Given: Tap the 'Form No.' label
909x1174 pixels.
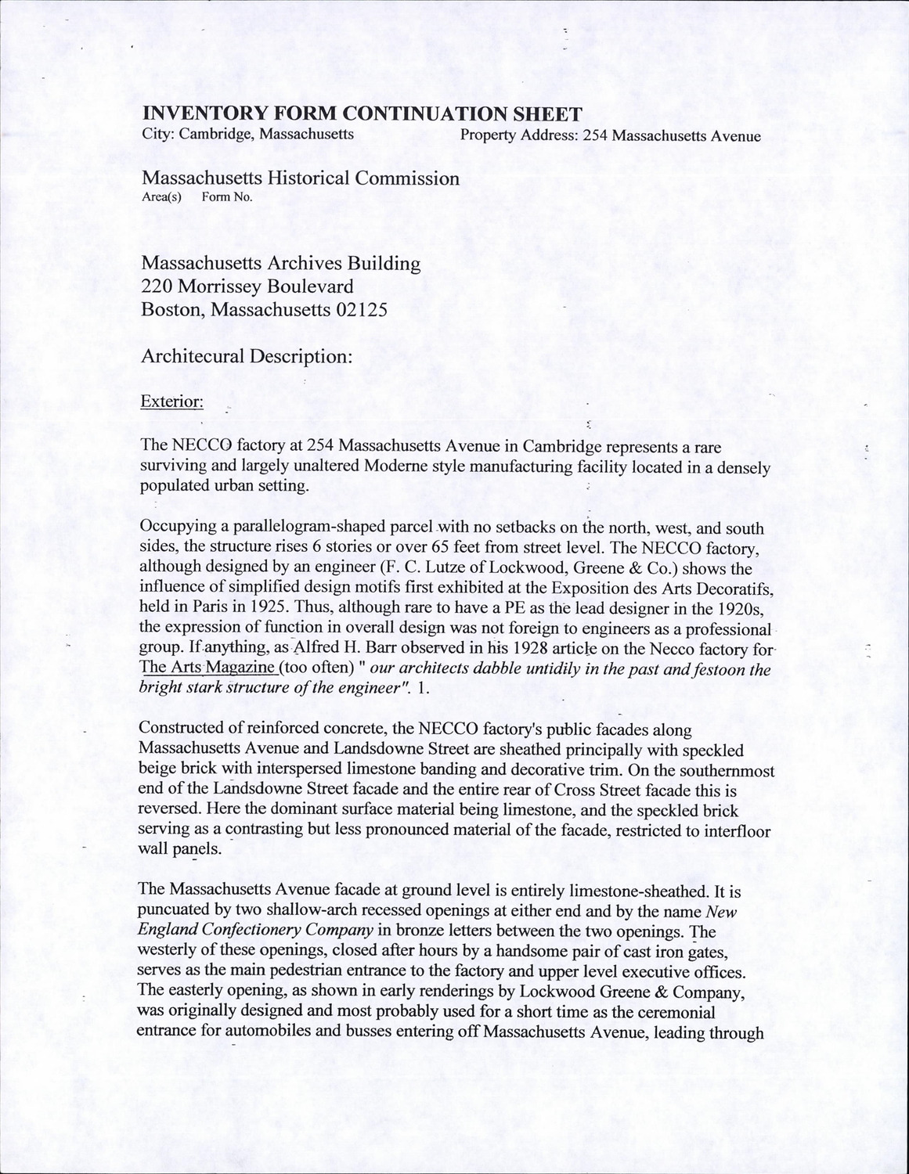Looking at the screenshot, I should tap(227, 197).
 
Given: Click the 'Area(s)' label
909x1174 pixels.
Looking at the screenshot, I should tap(161, 197).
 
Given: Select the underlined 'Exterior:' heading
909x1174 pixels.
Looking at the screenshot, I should tap(172, 402).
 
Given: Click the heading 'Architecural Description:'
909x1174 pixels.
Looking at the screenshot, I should tap(246, 357).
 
